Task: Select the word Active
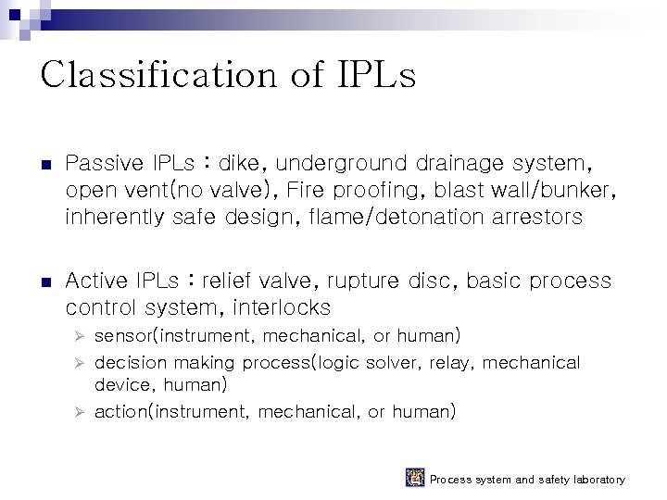point(97,281)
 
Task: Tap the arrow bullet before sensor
point(80,336)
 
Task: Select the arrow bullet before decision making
point(80,363)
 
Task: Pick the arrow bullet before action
point(80,412)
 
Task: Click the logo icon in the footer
point(415,478)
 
